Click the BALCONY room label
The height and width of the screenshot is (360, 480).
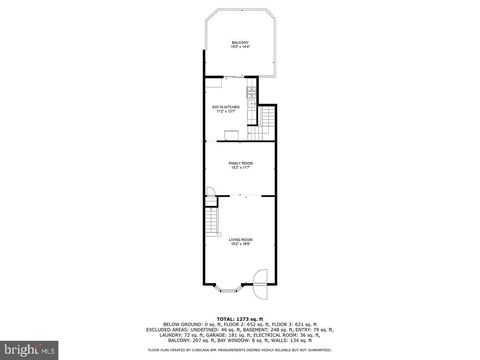pyautogui.click(x=240, y=42)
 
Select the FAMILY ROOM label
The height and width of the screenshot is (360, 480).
pyautogui.click(x=240, y=162)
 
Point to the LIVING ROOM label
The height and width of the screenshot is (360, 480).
pyautogui.click(x=240, y=239)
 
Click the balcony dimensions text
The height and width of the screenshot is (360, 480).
pyautogui.click(x=240, y=48)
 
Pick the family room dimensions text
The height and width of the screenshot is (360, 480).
pyautogui.click(x=240, y=168)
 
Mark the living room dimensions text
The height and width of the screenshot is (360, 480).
pyautogui.click(x=240, y=245)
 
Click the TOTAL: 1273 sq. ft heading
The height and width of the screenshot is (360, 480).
pyautogui.click(x=240, y=317)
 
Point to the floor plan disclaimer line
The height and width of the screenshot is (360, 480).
pyautogui.click(x=240, y=350)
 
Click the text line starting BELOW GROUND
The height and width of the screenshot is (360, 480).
pyautogui.click(x=240, y=324)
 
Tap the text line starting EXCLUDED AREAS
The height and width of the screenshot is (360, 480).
pyautogui.click(x=240, y=330)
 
